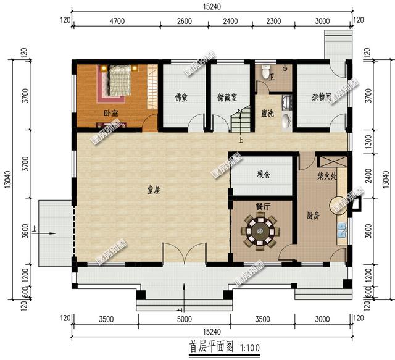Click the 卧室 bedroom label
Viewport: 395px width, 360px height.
click(x=111, y=114)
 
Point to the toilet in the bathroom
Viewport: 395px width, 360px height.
click(x=265, y=69)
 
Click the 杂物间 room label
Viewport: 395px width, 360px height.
click(x=322, y=98)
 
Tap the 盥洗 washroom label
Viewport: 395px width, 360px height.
click(x=267, y=114)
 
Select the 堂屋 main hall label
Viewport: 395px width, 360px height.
click(x=153, y=191)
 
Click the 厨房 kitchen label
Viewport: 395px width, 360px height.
click(x=313, y=216)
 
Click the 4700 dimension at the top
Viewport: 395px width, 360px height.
click(x=117, y=21)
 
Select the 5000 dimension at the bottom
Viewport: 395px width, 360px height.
click(x=185, y=320)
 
